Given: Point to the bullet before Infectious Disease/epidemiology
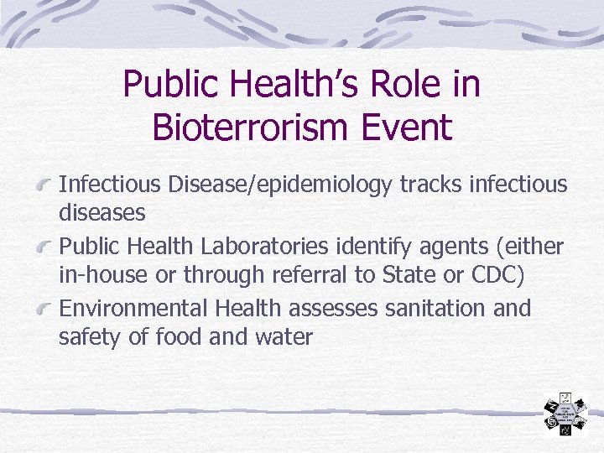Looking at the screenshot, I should click(x=46, y=185).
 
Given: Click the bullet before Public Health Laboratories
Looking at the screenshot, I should click(x=46, y=247).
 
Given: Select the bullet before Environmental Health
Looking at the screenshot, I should click(x=46, y=310).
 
